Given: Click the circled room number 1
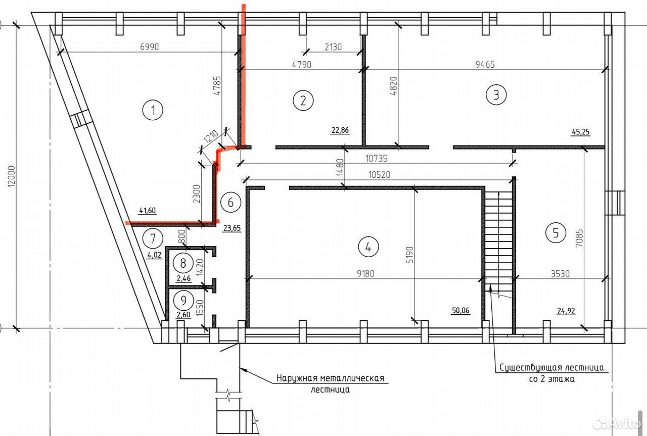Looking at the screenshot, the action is coord(153,110).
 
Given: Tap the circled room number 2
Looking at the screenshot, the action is coord(303,101).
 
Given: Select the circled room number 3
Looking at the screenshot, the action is coord(496,94).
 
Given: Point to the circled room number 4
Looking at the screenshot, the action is coord(368,247).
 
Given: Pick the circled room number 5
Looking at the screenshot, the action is coord(556,233).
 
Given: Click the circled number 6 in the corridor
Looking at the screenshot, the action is coord(230,203).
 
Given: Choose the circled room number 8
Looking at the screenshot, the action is coord(183,263).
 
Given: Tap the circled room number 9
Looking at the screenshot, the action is coord(183,301).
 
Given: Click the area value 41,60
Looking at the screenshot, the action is coord(148,211).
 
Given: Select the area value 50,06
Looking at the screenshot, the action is coord(460,311).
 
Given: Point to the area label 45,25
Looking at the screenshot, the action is coord(581,132).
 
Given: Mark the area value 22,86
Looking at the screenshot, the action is coord(340,130).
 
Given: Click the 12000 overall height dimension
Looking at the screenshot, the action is coord(11,176).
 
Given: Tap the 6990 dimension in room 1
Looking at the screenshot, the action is coord(149,47).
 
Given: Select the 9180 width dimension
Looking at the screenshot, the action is coord(365,273).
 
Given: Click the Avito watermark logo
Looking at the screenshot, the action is coord(617,423).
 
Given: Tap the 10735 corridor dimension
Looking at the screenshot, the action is coord(377,159).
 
